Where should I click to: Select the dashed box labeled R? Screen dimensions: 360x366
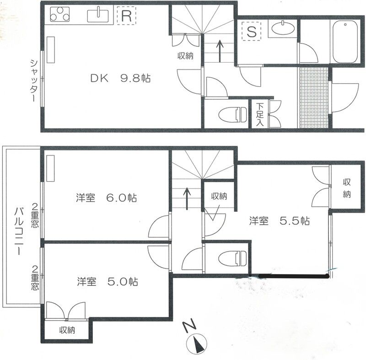(x=125, y=16)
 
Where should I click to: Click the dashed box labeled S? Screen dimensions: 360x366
(x=251, y=32)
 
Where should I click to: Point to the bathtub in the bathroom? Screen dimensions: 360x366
(x=345, y=42)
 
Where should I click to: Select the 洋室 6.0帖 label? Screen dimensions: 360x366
(x=106, y=198)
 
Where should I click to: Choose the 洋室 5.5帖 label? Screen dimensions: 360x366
(x=280, y=221)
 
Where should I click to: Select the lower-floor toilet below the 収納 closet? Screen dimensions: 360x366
(x=230, y=259)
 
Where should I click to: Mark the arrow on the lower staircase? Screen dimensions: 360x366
(x=187, y=198)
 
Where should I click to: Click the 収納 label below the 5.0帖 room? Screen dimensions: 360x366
(x=67, y=330)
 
